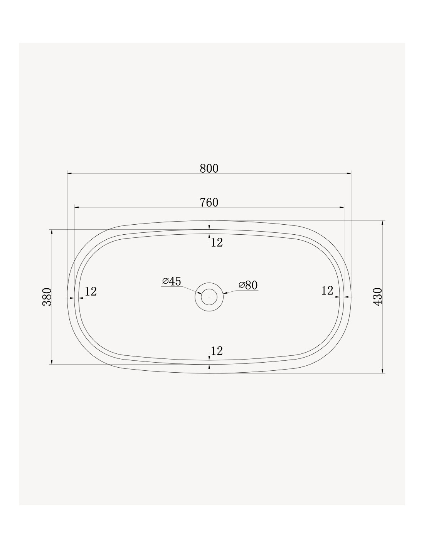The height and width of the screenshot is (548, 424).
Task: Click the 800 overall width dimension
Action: coord(209,168)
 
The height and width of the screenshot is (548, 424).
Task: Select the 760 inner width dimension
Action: coord(209,202)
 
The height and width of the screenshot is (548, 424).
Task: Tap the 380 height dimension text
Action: coord(47,297)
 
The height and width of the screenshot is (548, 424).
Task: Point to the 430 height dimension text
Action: coord(378,297)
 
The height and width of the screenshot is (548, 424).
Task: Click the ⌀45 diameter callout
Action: coord(172,281)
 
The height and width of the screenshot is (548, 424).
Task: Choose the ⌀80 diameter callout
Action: coord(248,285)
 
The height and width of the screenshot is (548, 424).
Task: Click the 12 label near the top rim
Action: coord(217,243)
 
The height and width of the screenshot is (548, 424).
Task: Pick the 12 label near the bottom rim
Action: coord(217,351)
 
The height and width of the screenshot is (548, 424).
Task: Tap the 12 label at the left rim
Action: coord(91,291)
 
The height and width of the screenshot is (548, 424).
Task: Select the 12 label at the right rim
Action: coord(327,291)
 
